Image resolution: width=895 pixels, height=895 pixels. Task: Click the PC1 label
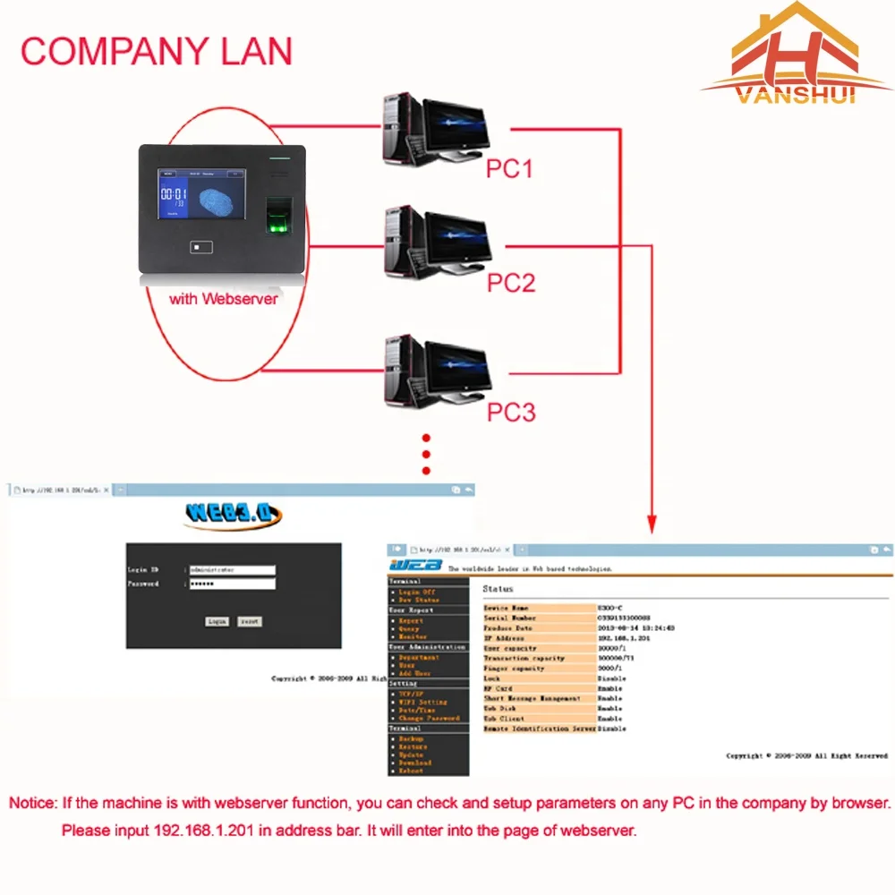point(509,168)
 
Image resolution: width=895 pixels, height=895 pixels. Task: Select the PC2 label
point(510,283)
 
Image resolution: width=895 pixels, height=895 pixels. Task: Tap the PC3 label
point(511,412)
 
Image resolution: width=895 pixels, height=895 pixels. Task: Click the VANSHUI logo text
point(797,94)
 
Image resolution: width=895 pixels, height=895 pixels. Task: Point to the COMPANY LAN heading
point(157,51)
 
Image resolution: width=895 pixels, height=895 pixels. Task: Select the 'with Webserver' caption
point(224,299)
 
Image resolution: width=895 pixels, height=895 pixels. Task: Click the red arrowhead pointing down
point(652,524)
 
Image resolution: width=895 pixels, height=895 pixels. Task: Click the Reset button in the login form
point(250,620)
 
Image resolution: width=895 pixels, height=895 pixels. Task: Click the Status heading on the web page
point(498,589)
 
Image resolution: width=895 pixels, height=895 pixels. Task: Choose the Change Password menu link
point(429,718)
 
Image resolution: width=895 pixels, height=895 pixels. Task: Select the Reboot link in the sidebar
point(411,770)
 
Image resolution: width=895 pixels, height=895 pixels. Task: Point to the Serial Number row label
point(510,618)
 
